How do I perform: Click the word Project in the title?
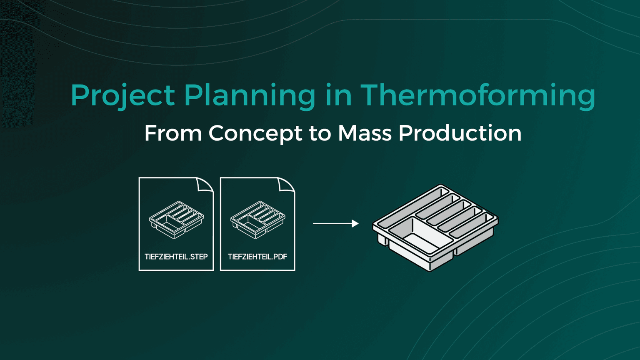122,96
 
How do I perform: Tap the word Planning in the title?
250,96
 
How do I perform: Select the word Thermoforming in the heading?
477,96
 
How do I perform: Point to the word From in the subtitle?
173,133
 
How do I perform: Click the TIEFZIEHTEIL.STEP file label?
176,257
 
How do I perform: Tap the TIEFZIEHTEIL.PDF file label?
257,257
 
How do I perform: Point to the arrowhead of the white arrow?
355,224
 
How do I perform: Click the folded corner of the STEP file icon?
205,185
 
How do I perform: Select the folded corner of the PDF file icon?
286,185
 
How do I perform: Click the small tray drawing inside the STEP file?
176,220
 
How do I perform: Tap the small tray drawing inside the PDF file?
257,220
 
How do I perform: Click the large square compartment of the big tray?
421,237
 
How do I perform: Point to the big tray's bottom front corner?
430,269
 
